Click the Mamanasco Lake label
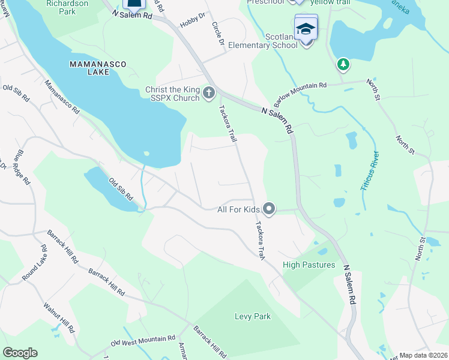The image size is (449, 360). [89, 67]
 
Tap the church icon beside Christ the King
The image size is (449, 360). [209, 92]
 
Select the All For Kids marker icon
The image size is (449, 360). [270, 209]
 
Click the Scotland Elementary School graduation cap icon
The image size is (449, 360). [306, 29]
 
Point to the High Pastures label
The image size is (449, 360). [308, 264]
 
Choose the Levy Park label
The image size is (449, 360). [252, 316]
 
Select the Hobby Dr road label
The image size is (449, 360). [193, 20]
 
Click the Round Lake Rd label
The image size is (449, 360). [35, 263]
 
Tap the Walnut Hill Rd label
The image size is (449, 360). [59, 317]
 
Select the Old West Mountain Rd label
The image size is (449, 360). [143, 341]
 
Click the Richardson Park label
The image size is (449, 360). [67, 7]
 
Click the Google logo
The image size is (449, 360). [20, 353]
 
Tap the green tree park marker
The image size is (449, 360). [343, 64]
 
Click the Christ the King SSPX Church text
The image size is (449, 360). [172, 94]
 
